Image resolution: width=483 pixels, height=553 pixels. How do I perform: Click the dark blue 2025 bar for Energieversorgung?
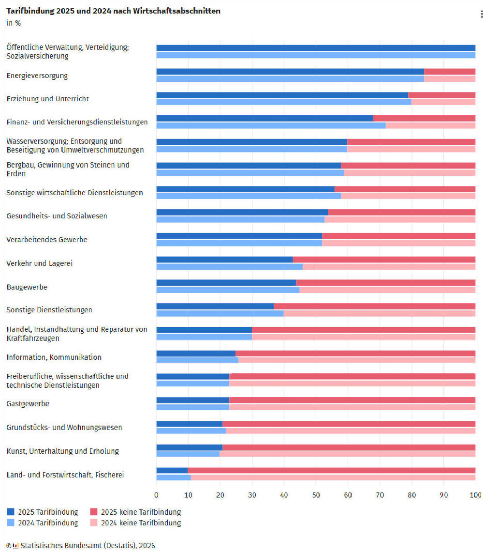pyautogui.click(x=290, y=72)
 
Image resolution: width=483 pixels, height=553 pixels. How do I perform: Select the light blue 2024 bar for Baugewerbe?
pyautogui.click(x=228, y=290)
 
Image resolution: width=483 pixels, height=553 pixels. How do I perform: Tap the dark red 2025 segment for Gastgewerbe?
pyautogui.click(x=352, y=400)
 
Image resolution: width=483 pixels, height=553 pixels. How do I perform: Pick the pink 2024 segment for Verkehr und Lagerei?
pyautogui.click(x=389, y=266)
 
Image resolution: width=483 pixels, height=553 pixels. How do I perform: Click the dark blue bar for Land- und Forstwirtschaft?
pyautogui.click(x=172, y=470)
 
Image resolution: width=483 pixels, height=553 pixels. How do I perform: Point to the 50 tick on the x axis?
pyautogui.click(x=316, y=494)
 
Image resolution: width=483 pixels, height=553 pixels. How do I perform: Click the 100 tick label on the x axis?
pyautogui.click(x=476, y=494)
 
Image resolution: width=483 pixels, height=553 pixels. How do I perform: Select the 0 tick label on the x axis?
pyautogui.click(x=156, y=494)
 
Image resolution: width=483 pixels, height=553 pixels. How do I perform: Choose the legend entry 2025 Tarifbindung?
pyautogui.click(x=48, y=512)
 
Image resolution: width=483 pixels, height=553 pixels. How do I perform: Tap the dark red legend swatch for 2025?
pyautogui.click(x=94, y=512)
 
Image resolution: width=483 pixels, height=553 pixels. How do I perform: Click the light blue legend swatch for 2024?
pyautogui.click(x=11, y=523)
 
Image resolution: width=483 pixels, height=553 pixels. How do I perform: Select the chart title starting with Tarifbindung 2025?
pyautogui.click(x=113, y=11)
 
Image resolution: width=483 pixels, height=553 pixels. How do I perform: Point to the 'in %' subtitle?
pyautogui.click(x=14, y=22)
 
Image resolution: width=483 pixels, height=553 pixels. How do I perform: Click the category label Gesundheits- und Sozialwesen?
pyautogui.click(x=57, y=216)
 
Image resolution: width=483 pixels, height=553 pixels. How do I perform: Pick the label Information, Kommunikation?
pyautogui.click(x=54, y=357)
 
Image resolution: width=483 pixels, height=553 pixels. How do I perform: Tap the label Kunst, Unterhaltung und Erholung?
pyautogui.click(x=62, y=451)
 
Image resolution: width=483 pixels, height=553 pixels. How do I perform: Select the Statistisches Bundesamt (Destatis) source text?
pyautogui.click(x=88, y=545)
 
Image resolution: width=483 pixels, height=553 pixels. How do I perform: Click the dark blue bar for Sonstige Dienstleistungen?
pyautogui.click(x=215, y=306)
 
